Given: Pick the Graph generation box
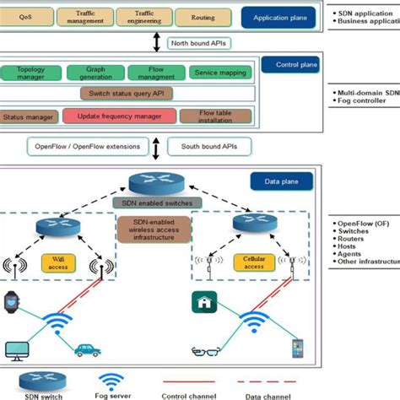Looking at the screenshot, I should click(95, 73).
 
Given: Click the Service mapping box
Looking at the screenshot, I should click(217, 73).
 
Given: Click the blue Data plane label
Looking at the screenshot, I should click(282, 180).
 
